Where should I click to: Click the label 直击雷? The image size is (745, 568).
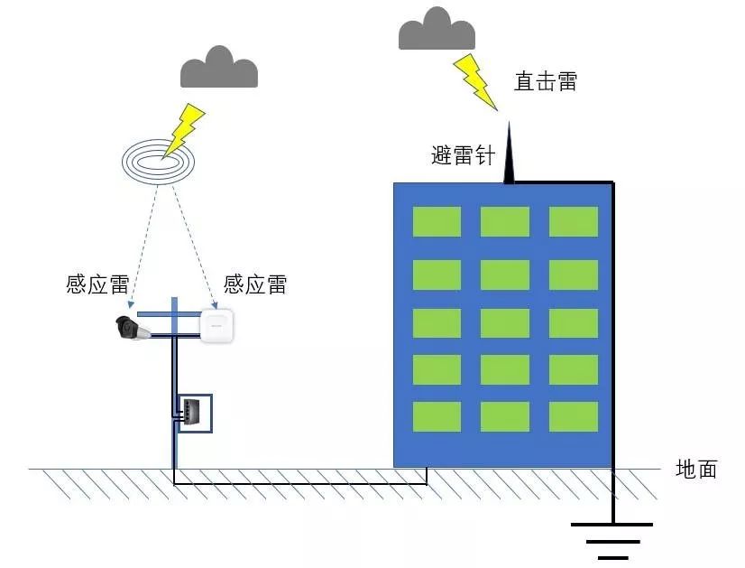pos(545,81)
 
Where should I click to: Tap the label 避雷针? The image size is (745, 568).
pos(464,155)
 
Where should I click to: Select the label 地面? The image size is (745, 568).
pos(696,469)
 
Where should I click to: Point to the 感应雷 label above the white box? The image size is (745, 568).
pos(255,285)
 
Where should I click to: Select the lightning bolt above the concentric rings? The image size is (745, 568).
pos(184,129)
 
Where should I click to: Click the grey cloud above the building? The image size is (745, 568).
pos(437,30)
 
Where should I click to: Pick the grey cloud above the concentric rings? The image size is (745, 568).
pos(219,68)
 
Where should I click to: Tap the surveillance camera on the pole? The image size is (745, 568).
pos(133,328)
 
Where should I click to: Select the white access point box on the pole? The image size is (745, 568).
pos(217,326)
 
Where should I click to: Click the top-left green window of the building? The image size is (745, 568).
pos(437,221)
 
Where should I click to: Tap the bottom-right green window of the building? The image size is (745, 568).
pos(574,416)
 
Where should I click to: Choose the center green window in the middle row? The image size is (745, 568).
pos(505,323)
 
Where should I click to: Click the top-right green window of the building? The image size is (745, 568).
pos(574,221)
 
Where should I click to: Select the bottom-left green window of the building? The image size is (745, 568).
pos(437,416)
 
